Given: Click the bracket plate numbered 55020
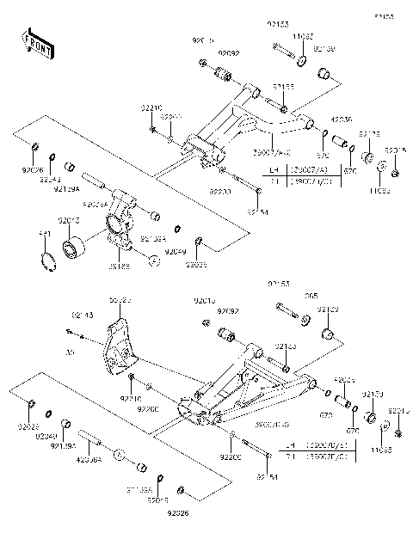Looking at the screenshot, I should coord(117,352).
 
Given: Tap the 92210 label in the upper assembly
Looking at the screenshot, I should coord(151,107).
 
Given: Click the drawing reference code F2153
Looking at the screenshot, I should coord(384,16).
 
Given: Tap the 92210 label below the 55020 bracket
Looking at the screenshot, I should coord(131,399).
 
